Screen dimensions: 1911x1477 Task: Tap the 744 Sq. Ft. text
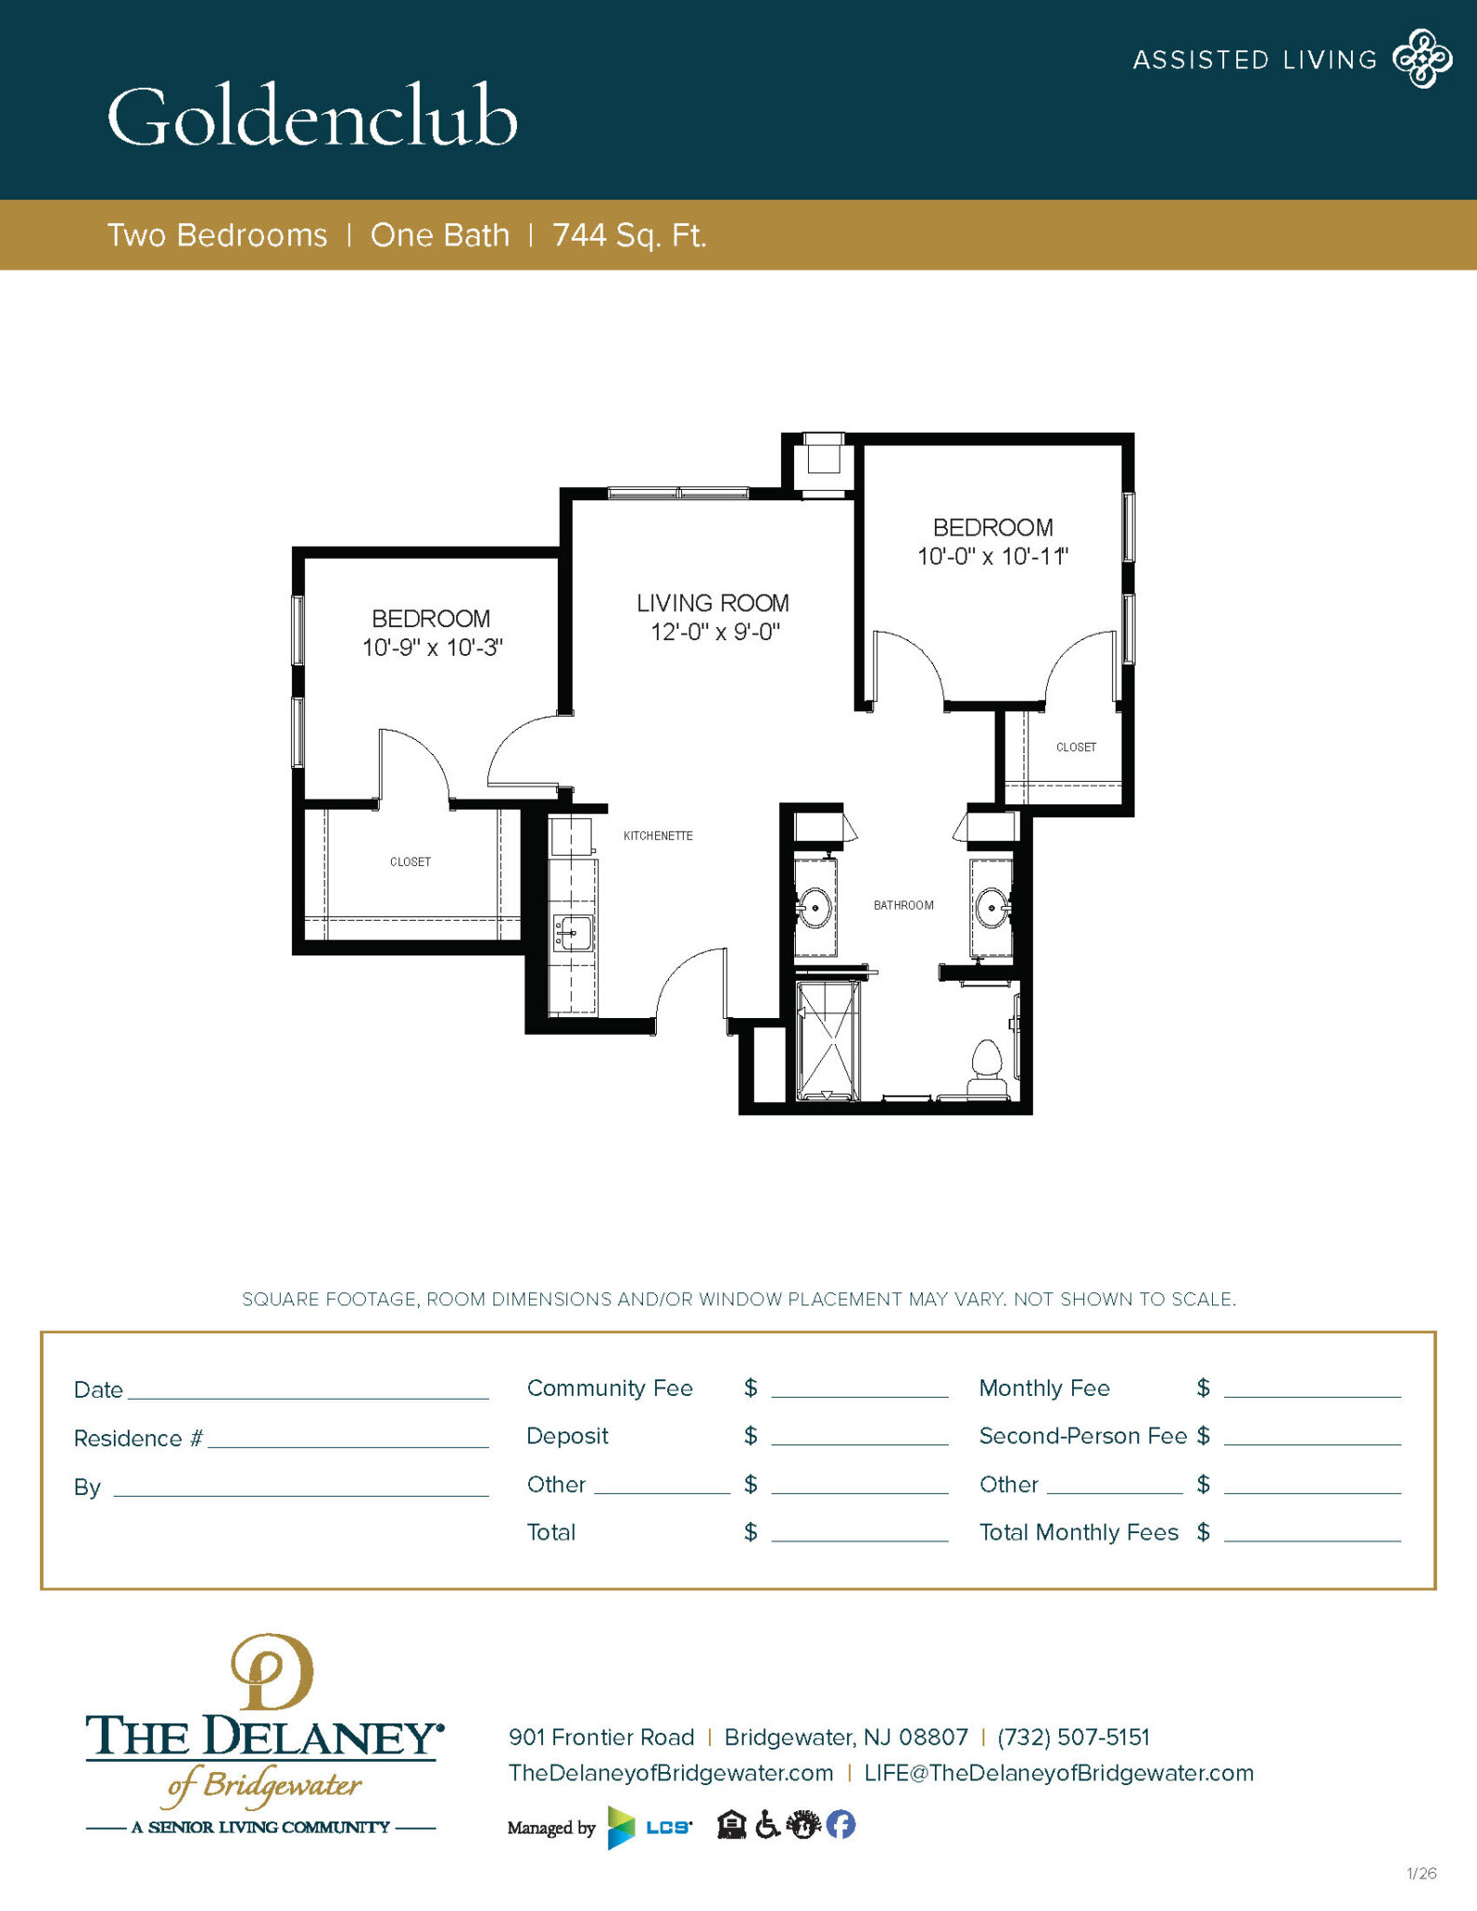coord(629,235)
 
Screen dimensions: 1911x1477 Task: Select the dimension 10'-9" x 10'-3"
coord(432,648)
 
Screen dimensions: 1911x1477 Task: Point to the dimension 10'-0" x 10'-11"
coord(992,556)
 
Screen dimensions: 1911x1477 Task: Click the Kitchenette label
coord(658,836)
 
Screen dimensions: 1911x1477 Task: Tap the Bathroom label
coord(903,905)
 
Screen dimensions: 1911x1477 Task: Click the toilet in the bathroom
coord(987,1069)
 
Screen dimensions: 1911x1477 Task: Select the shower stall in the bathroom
coord(828,1040)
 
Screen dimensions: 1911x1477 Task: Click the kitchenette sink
coord(573,931)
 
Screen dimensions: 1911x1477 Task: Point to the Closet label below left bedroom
coord(411,862)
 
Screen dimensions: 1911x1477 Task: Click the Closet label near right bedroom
coord(1076,747)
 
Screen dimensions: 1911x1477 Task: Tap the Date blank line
coord(308,1390)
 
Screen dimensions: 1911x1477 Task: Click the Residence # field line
coord(347,1439)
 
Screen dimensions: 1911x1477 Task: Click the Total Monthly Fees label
coord(1079,1532)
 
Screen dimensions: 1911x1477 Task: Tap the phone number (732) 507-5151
coord(1073,1737)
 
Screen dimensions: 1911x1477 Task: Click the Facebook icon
coord(841,1824)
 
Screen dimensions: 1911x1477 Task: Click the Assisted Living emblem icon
coord(1422,59)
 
